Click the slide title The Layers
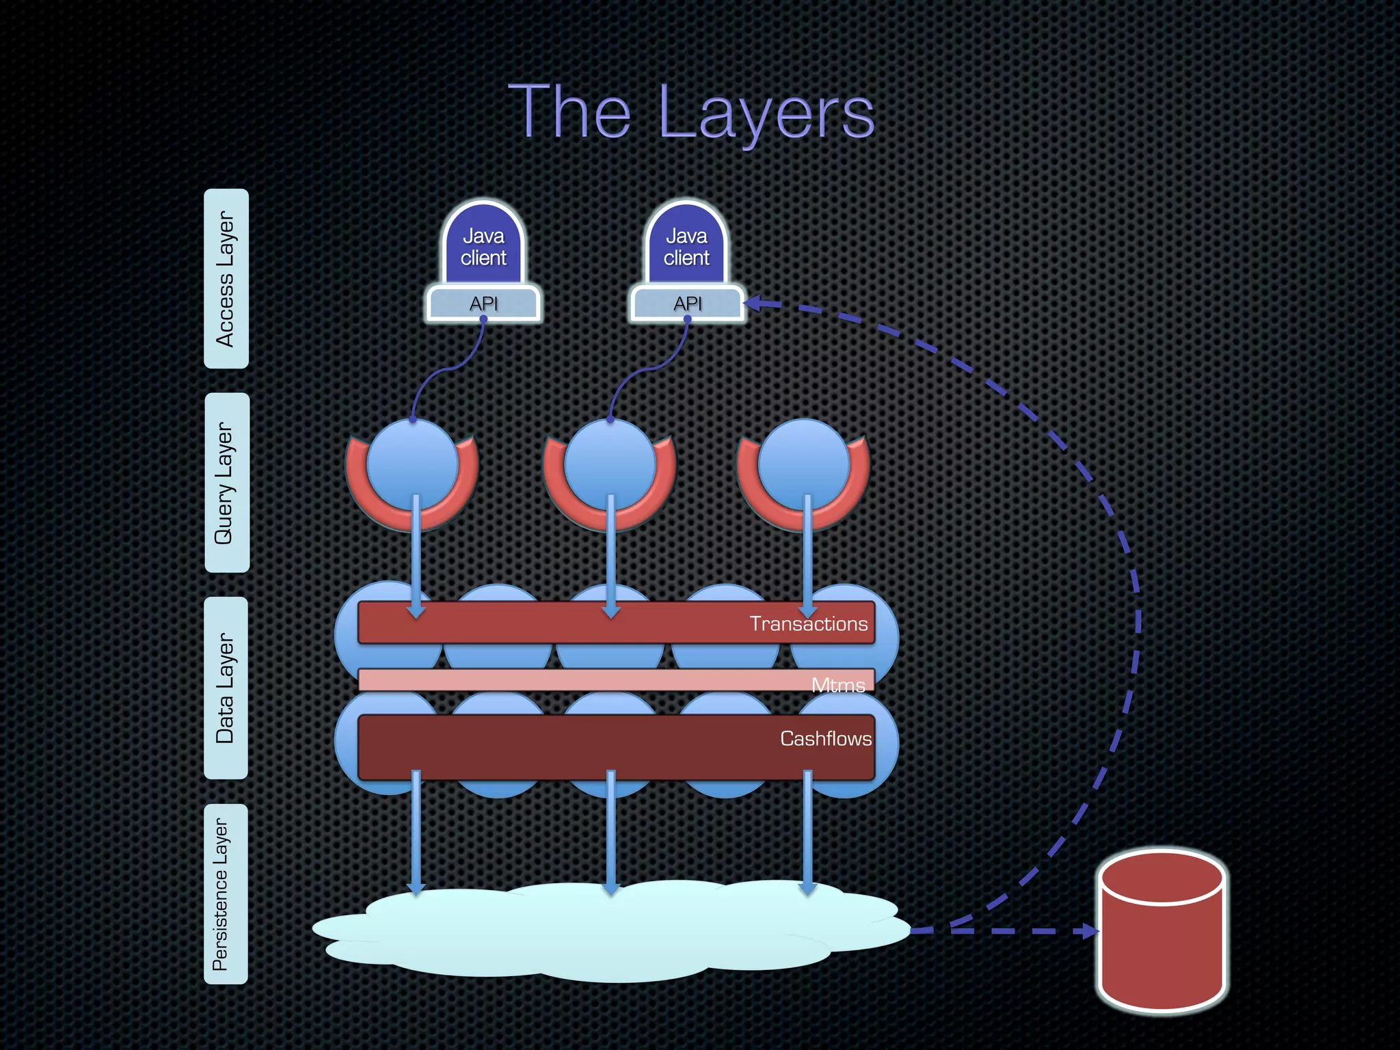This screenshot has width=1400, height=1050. pos(691,113)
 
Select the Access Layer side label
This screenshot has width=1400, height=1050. pos(226,279)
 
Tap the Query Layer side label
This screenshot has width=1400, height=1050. pos(226,483)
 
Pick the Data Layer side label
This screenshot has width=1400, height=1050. pos(226,688)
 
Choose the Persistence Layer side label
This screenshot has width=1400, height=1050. pos(226,894)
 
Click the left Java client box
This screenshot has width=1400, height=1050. pos(483,247)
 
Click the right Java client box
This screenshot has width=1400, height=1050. pos(686,247)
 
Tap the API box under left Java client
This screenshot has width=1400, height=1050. pos(483,304)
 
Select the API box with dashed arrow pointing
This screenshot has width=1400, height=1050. pos(687,304)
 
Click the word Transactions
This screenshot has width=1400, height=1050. pos(808,623)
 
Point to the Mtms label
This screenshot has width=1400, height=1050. pos(838,684)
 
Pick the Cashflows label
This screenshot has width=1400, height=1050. pos(825,738)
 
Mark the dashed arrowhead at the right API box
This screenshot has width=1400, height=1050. pos(752,303)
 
